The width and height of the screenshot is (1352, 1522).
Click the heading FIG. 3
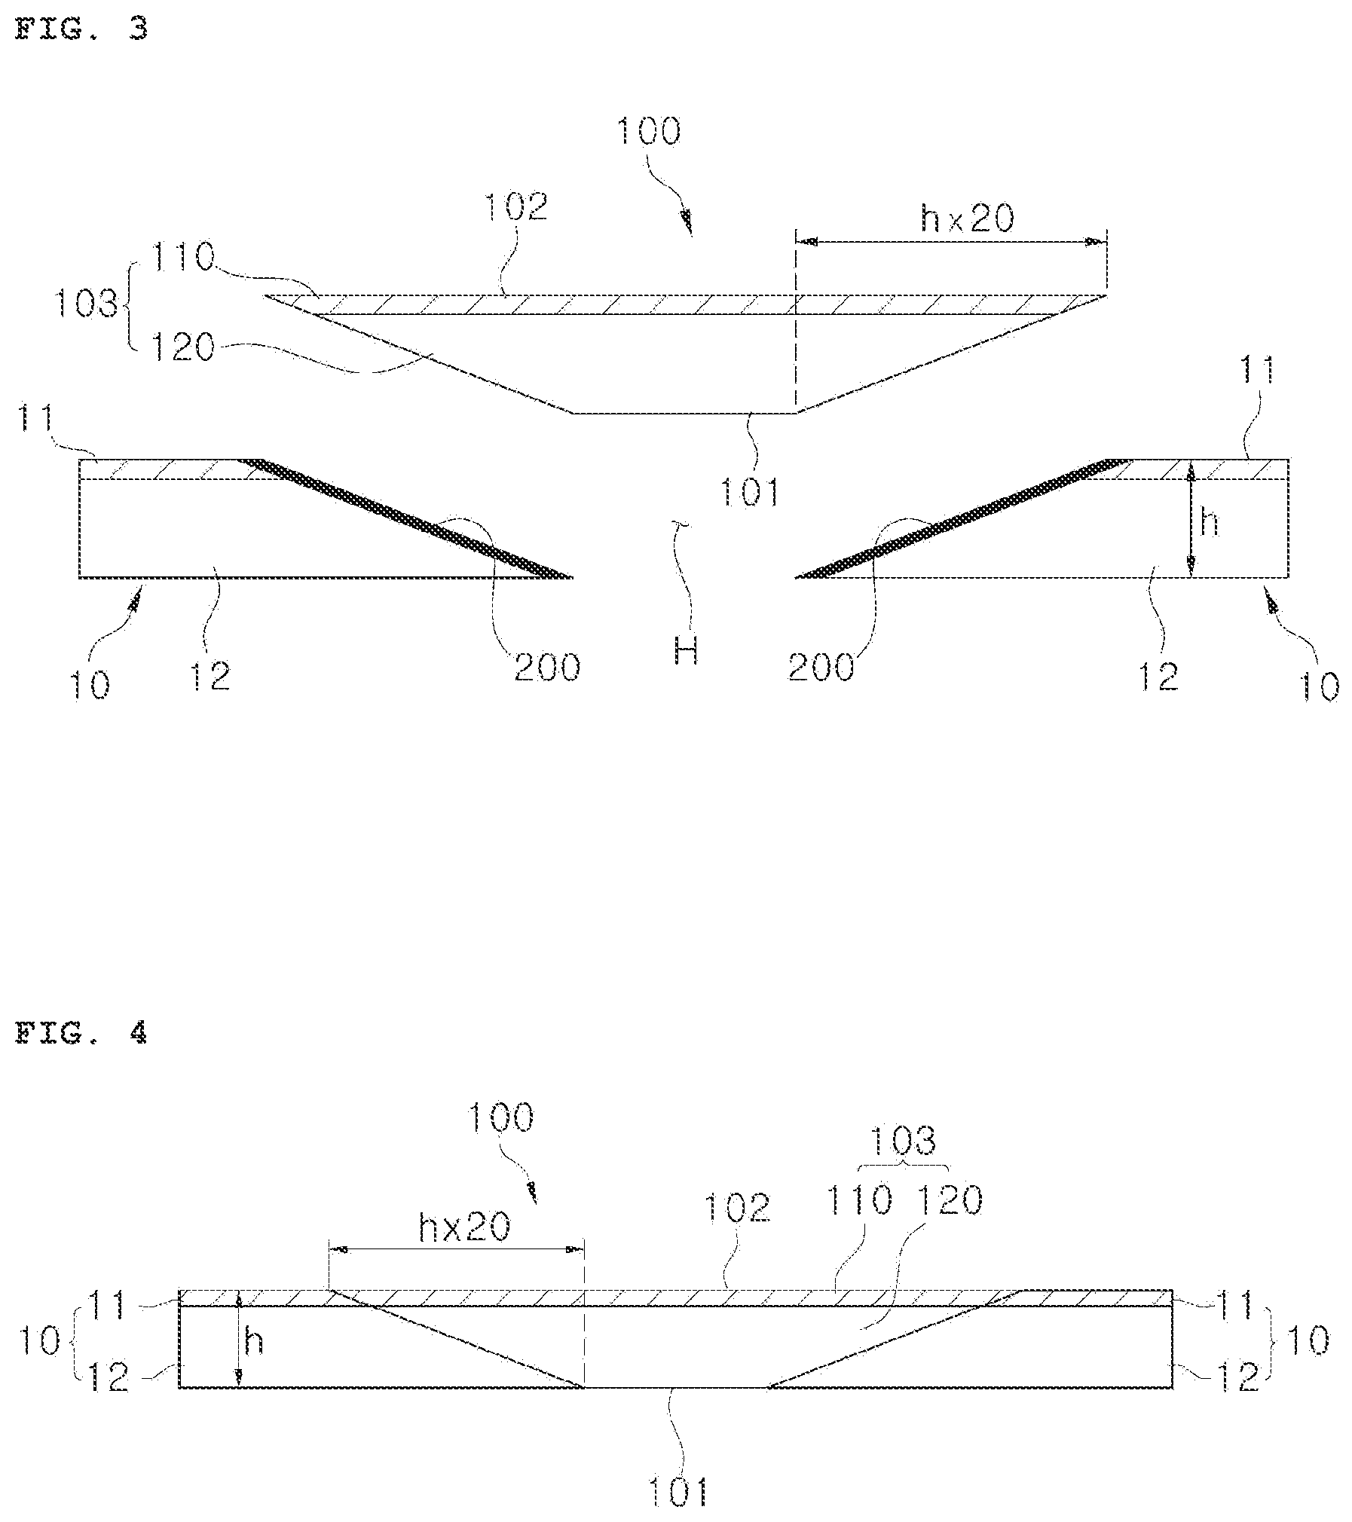[81, 29]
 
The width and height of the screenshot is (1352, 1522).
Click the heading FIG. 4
[81, 1033]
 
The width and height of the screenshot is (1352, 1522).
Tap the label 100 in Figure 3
[648, 131]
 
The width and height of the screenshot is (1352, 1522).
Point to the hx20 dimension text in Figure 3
[968, 218]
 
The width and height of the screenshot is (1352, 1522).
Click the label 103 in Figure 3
[85, 305]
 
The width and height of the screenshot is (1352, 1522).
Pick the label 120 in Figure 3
[182, 348]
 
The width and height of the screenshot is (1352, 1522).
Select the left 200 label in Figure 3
[547, 668]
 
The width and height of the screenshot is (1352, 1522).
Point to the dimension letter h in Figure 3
[1209, 522]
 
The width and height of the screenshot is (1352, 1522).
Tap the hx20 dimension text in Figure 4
[463, 1227]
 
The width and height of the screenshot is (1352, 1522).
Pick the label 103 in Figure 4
[902, 1141]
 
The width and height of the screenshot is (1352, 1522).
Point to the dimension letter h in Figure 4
[254, 1340]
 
